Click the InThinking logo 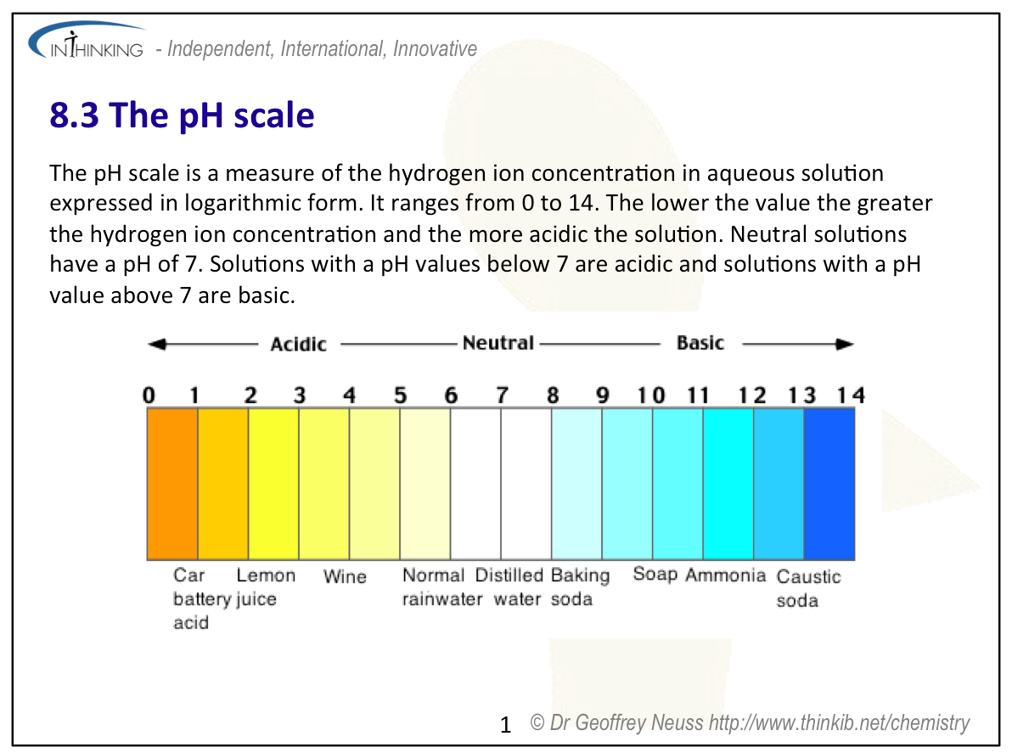(x=87, y=42)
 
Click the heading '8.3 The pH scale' (x=182, y=115)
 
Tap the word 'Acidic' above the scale (x=298, y=344)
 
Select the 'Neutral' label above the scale (x=498, y=343)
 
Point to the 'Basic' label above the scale (x=700, y=343)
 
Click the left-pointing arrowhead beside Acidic (x=157, y=344)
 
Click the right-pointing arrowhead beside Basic (x=845, y=344)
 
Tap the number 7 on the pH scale (x=502, y=395)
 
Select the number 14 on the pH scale (x=851, y=395)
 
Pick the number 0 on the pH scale (x=149, y=395)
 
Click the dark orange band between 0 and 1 (x=172, y=484)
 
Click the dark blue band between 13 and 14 (x=829, y=484)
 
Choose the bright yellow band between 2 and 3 (x=273, y=484)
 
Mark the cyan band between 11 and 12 (x=728, y=484)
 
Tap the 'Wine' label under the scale (x=345, y=576)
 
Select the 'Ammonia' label (x=725, y=574)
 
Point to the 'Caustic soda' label (x=808, y=588)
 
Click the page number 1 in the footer (x=505, y=725)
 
